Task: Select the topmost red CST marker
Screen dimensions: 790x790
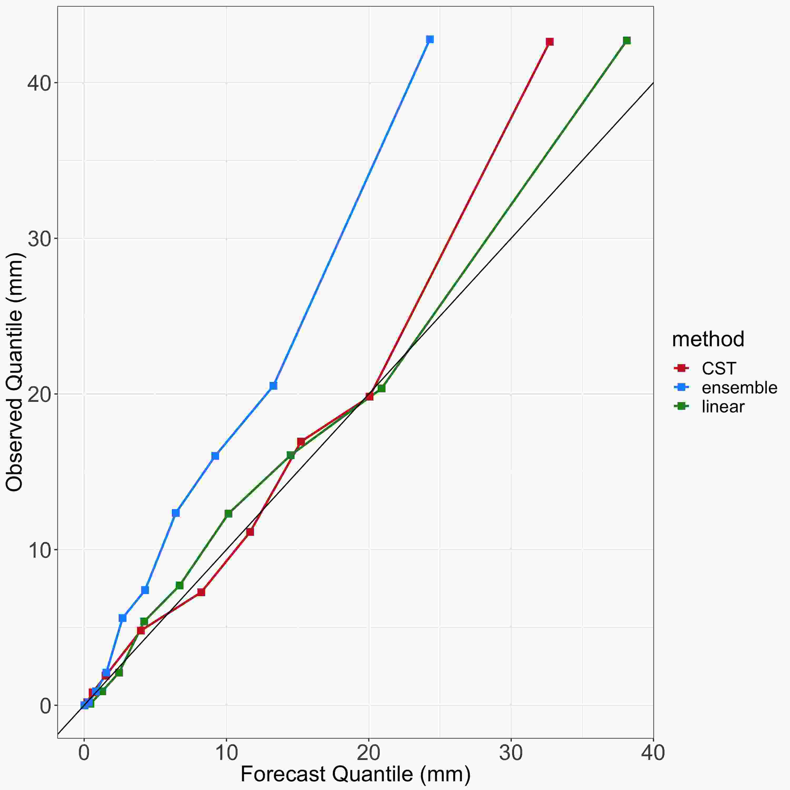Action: (x=550, y=42)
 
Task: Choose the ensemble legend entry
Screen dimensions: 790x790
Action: (x=739, y=388)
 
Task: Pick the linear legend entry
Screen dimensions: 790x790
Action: (x=723, y=406)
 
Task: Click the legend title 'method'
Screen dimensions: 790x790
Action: (x=708, y=339)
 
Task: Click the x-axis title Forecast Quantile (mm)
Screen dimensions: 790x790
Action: (x=355, y=774)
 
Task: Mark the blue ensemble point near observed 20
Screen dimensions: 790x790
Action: (x=273, y=386)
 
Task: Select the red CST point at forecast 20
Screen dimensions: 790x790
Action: (x=369, y=397)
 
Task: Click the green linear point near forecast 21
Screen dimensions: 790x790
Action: (x=381, y=388)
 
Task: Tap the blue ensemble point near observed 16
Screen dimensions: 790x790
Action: (x=215, y=456)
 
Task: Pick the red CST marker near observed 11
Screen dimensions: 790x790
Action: (x=250, y=532)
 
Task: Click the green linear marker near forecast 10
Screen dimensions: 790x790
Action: (x=228, y=513)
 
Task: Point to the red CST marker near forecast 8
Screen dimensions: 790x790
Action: (x=201, y=592)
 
